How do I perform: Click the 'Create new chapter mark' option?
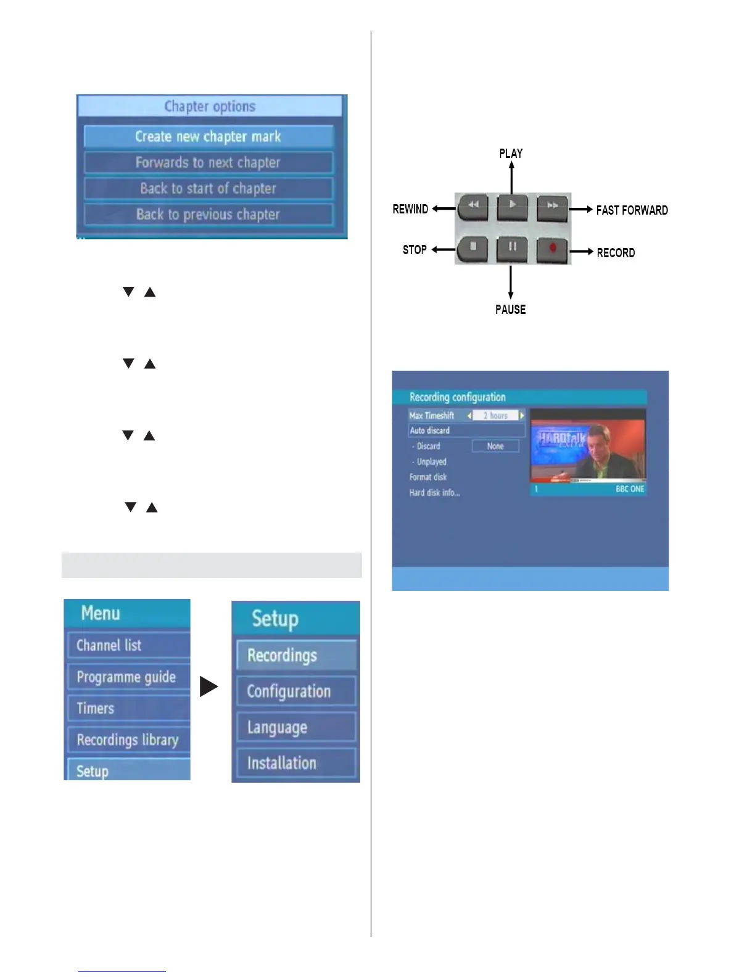coord(208,136)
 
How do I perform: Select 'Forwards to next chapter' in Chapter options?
coord(208,163)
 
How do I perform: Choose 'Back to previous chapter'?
coord(208,215)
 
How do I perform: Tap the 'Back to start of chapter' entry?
coord(208,189)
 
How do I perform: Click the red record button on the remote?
coord(553,249)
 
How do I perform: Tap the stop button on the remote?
coord(473,248)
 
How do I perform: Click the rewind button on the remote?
coord(473,205)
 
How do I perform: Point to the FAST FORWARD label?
coord(632,210)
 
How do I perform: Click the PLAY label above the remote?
coord(511,154)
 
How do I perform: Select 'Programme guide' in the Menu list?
coord(127,677)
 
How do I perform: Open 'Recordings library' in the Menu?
coord(128,740)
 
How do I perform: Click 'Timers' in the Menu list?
coord(96,709)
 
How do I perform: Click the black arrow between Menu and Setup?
coord(209,686)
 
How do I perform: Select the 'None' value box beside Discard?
coord(495,446)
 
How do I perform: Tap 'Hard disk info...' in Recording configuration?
coord(435,493)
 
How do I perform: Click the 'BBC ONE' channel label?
coord(630,489)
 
